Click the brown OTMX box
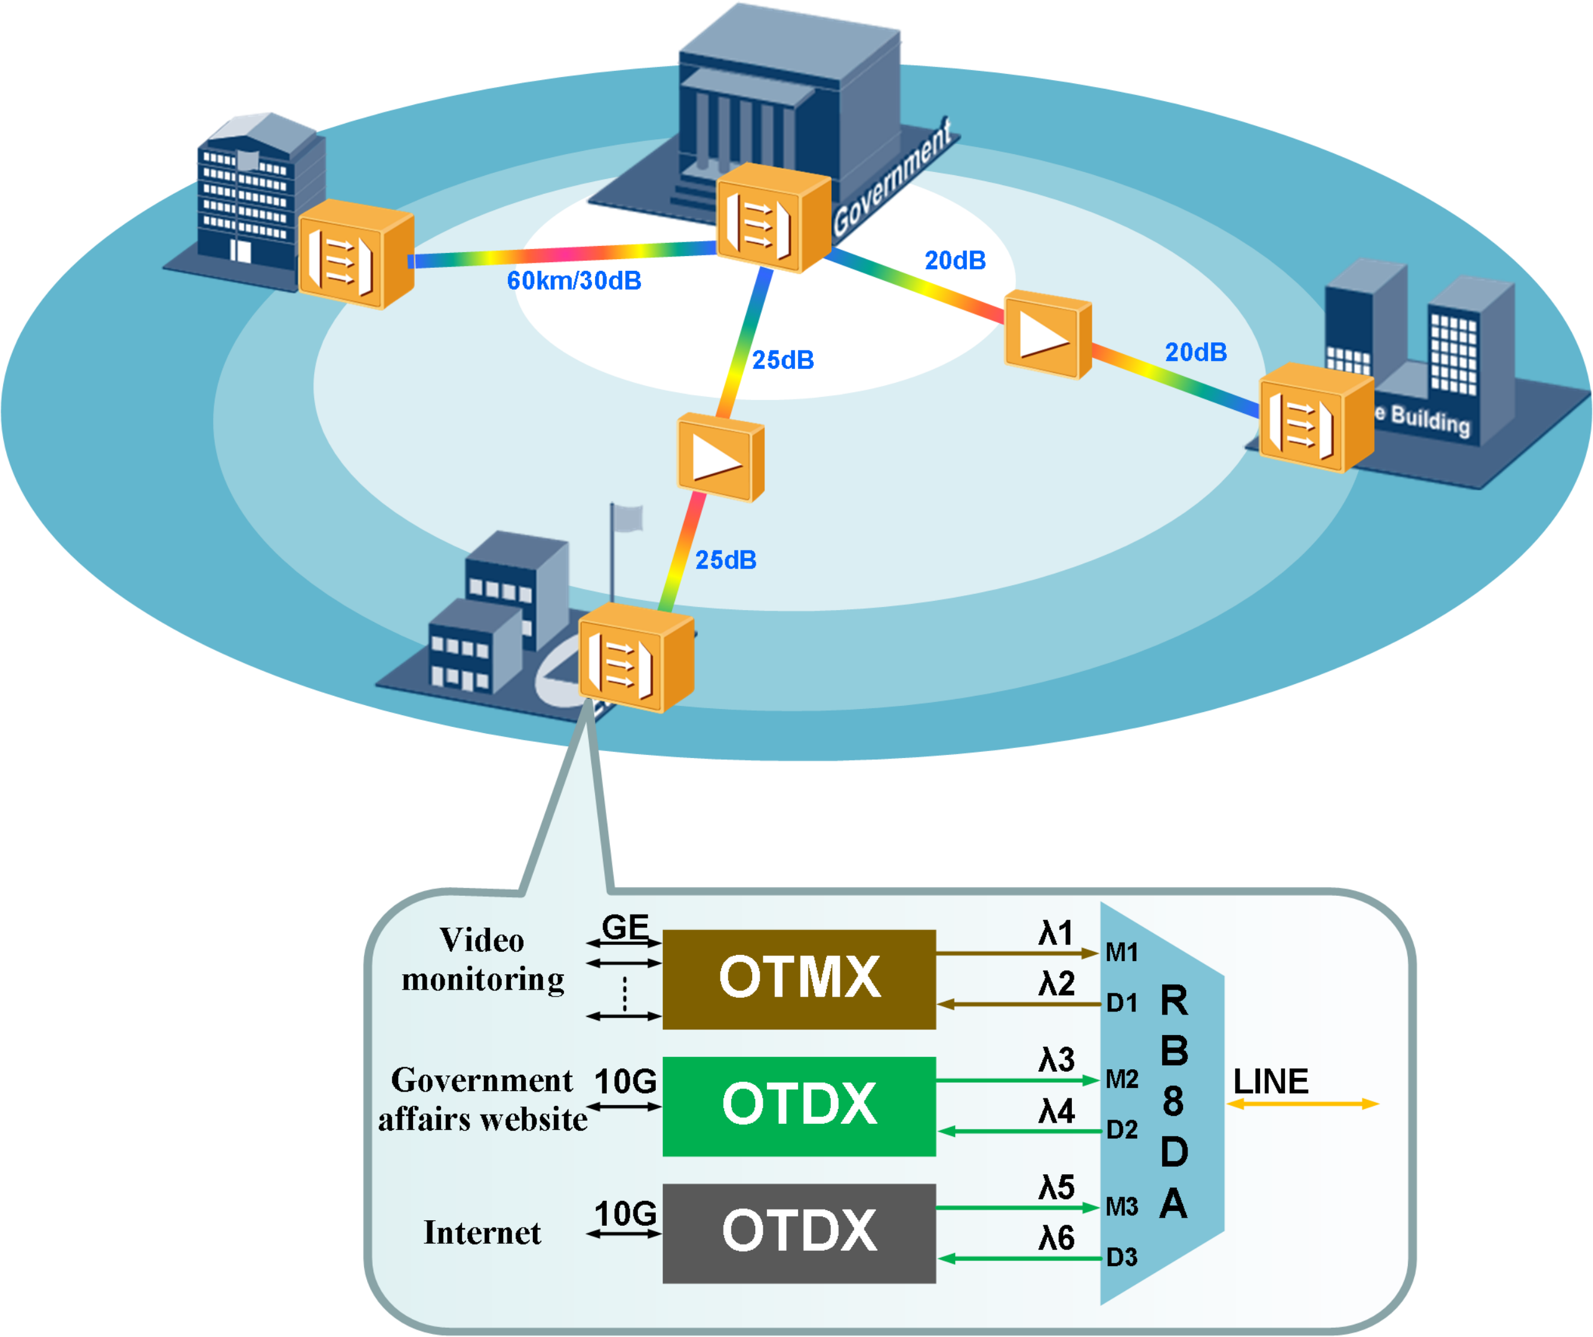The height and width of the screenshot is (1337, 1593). [x=799, y=979]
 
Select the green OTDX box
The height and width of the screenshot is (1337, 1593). [x=799, y=1105]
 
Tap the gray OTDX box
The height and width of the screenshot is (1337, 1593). [x=799, y=1233]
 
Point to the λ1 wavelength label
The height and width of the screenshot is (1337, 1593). [x=1056, y=933]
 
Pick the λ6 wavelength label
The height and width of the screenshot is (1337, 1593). [x=1056, y=1238]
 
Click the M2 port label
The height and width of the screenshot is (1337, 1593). [x=1121, y=1079]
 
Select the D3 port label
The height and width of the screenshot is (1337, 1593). [x=1121, y=1257]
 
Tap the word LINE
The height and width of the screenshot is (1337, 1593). [x=1271, y=1081]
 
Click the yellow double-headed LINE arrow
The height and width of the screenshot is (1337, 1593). [x=1302, y=1104]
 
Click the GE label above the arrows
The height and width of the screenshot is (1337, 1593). [x=625, y=926]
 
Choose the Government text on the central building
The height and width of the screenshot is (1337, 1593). [x=892, y=179]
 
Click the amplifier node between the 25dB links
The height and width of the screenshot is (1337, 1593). [x=720, y=457]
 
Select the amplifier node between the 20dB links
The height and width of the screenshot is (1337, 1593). [x=1048, y=337]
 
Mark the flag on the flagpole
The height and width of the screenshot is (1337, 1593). [x=628, y=519]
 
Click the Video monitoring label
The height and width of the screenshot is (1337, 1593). [x=483, y=960]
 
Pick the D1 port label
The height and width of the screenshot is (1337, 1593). [x=1121, y=1003]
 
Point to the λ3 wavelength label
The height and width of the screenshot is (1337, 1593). [x=1056, y=1059]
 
